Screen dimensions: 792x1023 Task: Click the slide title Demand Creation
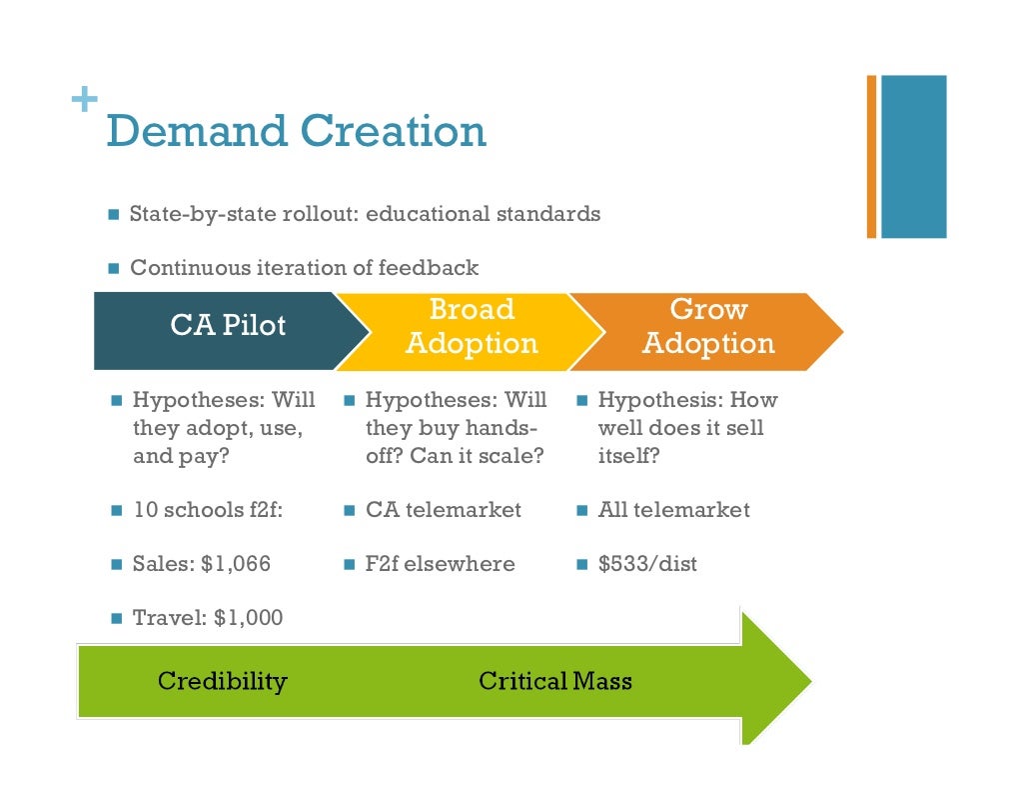coord(296,132)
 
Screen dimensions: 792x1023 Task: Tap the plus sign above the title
coord(84,100)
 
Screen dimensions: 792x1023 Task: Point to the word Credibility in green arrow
coord(222,682)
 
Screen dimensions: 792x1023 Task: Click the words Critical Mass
coord(555,682)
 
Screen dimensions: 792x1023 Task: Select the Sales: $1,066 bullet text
coord(201,564)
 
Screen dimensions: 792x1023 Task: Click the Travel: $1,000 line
coord(208,618)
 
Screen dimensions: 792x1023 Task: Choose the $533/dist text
coord(647,564)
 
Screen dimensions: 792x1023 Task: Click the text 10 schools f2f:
coord(208,510)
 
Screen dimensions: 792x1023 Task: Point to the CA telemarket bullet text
coord(443,510)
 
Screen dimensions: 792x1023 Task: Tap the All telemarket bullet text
coord(673,510)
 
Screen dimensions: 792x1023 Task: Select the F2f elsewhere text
coord(440,564)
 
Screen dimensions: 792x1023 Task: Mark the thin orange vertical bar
coord(871,156)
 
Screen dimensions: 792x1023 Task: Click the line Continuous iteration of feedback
coord(304,268)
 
